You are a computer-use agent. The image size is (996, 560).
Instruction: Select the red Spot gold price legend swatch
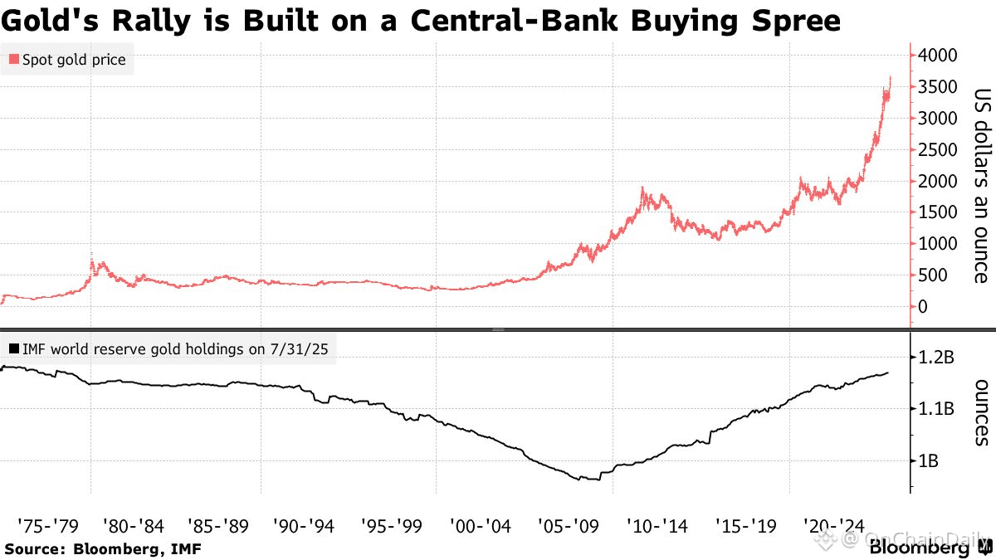pos(13,61)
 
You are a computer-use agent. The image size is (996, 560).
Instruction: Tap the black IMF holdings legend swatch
pos(13,349)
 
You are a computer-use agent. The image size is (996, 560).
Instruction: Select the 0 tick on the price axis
pos(922,307)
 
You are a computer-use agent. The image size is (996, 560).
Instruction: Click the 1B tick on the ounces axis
pos(929,461)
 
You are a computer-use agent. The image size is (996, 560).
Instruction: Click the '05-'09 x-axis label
pos(567,525)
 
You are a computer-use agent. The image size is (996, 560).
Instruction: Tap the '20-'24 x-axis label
pos(835,525)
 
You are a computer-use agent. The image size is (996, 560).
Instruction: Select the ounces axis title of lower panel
pos(980,412)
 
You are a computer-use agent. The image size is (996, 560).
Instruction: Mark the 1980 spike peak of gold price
pos(90,255)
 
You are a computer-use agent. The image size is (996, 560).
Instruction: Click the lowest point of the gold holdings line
pos(579,480)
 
